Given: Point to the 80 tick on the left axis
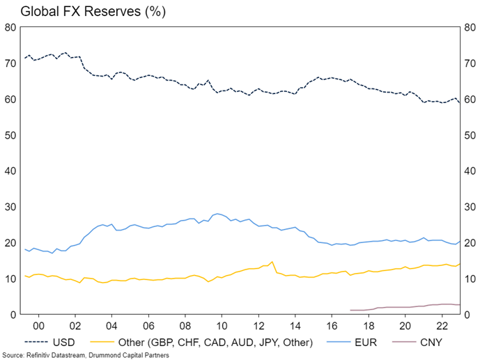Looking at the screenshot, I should tap(10, 27).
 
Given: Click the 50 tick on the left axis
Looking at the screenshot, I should tap(10, 135).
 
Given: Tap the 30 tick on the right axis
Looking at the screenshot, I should tap(469, 207).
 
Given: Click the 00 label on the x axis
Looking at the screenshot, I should tap(38, 326).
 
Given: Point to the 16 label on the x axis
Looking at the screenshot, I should tap(332, 326).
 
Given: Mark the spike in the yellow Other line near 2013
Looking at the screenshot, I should tap(272, 262).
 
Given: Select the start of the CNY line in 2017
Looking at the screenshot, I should tap(350, 310).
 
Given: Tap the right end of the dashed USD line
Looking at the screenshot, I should tap(459, 102).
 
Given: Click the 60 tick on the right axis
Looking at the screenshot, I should tap(469, 99).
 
